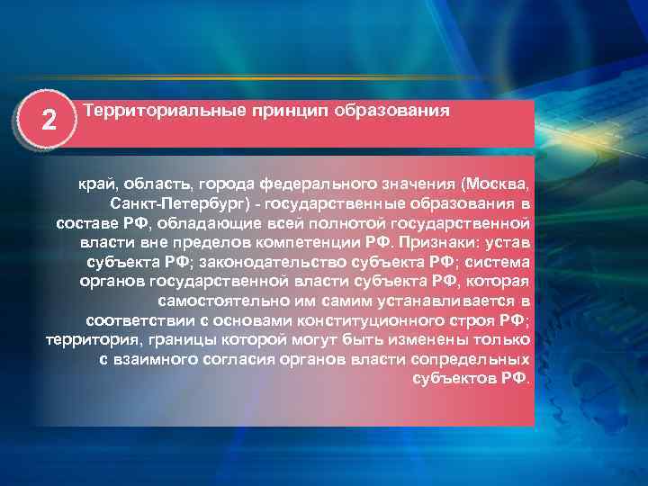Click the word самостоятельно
[215, 301]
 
